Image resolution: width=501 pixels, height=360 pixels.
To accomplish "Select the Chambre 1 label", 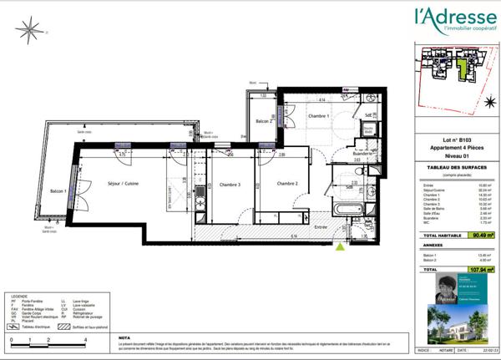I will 316,116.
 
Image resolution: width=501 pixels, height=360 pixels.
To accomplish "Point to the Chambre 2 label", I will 289,184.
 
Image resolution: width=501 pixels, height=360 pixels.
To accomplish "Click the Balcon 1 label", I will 58,191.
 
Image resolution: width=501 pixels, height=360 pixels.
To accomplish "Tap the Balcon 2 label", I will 262,123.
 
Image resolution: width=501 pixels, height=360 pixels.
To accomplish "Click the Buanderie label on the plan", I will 363,154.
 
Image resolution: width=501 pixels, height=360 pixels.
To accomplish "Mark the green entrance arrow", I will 340,246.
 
